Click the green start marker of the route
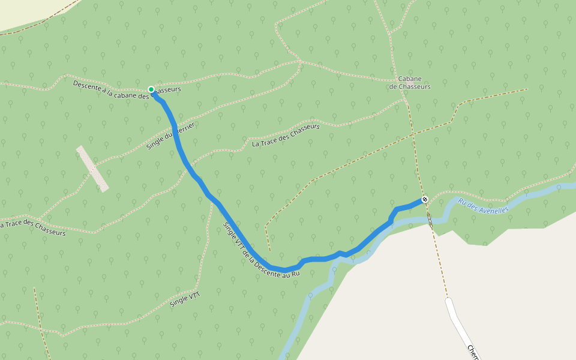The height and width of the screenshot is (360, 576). tap(151, 89)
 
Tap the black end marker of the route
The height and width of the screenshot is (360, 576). tap(425, 199)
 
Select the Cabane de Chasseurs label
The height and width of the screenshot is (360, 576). tap(410, 83)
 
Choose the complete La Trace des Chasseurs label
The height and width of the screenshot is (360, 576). tap(286, 135)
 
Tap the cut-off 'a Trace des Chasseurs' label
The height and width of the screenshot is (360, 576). tap(33, 227)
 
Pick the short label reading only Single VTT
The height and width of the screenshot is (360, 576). tap(185, 299)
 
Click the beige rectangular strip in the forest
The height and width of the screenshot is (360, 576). tap(93, 169)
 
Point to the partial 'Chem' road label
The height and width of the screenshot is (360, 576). tap(473, 352)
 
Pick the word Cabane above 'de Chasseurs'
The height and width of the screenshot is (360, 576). tap(410, 79)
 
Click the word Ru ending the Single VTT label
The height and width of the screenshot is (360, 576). tap(294, 274)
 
